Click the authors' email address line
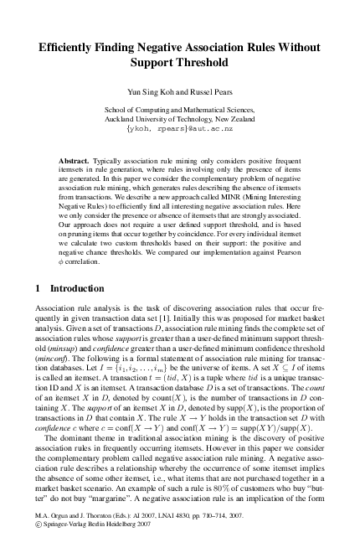[179, 131]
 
